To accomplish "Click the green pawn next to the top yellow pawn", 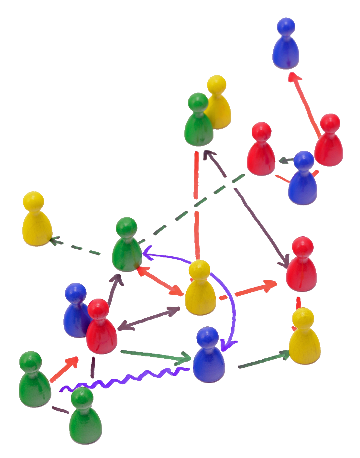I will click(x=199, y=123).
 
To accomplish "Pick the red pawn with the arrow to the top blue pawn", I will click(x=329, y=142).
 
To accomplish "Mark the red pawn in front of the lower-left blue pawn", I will click(x=101, y=330).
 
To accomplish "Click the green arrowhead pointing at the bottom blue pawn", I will click(x=187, y=358).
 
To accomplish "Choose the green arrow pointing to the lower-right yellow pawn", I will click(x=264, y=361).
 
